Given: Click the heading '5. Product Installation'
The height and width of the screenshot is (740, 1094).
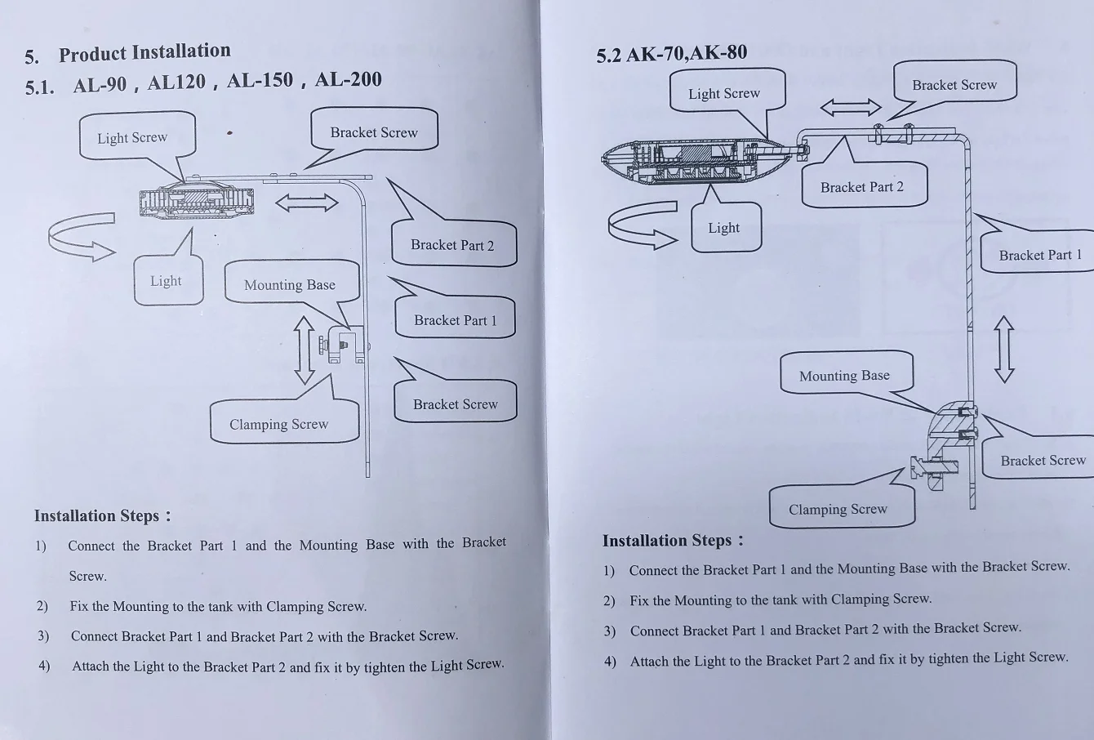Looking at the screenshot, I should click(129, 54).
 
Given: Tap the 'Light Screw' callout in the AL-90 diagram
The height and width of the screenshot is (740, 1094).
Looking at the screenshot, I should click(132, 137).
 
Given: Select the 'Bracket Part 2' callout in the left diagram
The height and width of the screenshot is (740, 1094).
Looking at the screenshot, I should click(452, 245).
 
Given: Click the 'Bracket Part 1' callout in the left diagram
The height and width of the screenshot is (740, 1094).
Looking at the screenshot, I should click(455, 320).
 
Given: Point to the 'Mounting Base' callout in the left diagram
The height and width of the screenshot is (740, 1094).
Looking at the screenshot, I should click(290, 284).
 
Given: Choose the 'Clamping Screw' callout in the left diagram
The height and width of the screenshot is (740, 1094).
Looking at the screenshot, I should click(278, 424).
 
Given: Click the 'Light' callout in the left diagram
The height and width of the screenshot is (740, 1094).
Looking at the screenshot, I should click(166, 281).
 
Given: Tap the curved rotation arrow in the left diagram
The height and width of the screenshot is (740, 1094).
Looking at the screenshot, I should click(80, 237).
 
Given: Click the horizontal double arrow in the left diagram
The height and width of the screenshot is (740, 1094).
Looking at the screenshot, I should click(306, 202).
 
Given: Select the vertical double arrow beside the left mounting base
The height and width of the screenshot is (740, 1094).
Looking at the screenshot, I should click(304, 350).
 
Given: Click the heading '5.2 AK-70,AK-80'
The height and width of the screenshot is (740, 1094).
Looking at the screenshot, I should click(671, 54).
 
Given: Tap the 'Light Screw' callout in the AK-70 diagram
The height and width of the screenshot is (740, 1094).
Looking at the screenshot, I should click(723, 93).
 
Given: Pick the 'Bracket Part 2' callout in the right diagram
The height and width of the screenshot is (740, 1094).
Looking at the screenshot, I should click(861, 187).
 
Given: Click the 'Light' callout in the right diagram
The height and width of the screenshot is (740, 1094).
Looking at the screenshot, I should click(723, 228).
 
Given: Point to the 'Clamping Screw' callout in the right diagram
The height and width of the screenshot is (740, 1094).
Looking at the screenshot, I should click(838, 509).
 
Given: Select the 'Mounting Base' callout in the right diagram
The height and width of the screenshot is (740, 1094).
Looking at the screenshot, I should click(844, 376).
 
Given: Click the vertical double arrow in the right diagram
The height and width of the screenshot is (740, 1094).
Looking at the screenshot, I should click(1004, 350).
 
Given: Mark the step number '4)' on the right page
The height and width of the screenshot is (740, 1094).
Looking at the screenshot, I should click(610, 661).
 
